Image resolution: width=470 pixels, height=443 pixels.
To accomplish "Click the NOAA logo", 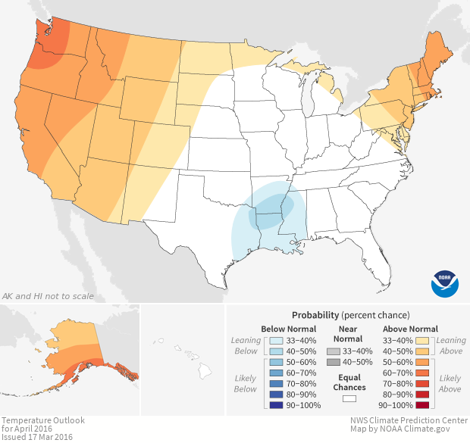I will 445,283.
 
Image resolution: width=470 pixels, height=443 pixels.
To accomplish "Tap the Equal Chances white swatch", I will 349,398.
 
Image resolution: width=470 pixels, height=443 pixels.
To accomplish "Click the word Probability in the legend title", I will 315,314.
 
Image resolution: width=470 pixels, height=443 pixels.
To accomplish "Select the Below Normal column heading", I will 288,329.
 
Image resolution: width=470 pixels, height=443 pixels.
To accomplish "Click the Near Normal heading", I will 349,334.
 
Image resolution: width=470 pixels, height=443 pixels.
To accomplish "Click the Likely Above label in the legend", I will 450,383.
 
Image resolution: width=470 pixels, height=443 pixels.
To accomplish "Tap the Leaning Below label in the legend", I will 246,346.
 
